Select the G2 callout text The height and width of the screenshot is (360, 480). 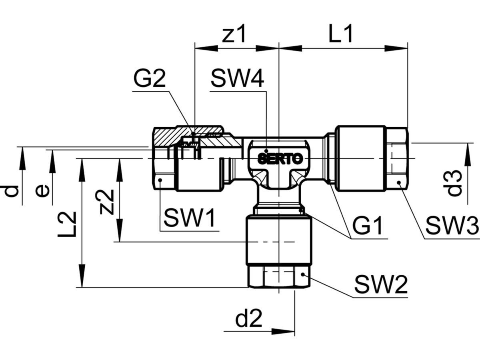pos(149,80)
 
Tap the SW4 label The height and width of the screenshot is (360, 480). pos(237,80)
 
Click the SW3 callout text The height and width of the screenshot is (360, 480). pos(451,226)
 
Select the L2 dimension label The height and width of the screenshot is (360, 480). pos(66,224)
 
